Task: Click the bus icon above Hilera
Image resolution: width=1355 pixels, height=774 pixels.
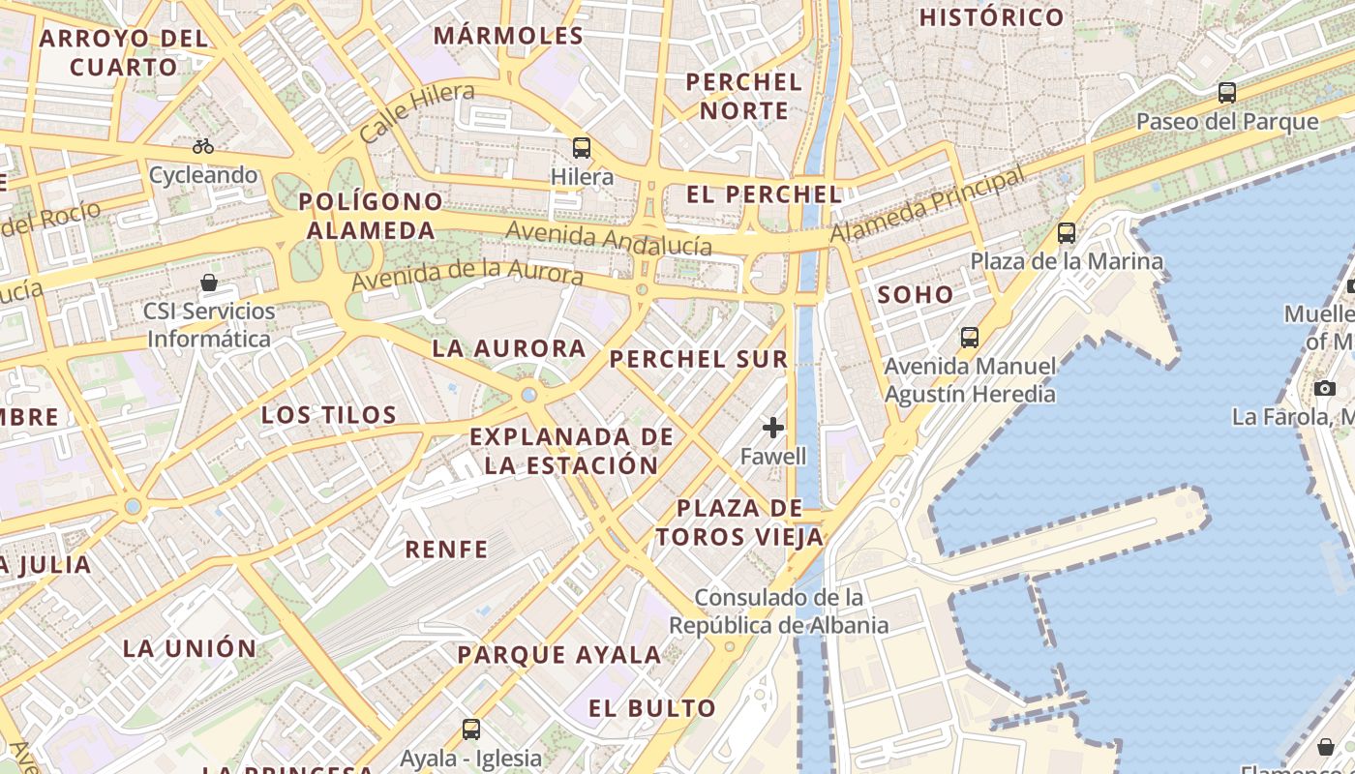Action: point(582,148)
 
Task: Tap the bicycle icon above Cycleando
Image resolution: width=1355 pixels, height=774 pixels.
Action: point(203,146)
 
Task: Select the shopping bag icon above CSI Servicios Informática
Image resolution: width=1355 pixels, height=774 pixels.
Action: point(209,283)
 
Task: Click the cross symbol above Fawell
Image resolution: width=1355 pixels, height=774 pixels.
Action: point(773,427)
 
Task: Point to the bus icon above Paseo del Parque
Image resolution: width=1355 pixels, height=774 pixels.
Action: point(1227,93)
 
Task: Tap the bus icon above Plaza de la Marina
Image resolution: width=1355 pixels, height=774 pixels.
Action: point(1067,233)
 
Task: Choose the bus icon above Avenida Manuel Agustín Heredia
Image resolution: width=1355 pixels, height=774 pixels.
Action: point(970,338)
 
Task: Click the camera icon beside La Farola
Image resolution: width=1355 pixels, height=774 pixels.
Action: point(1325,388)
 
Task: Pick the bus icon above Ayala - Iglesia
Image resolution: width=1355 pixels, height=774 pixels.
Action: point(471,729)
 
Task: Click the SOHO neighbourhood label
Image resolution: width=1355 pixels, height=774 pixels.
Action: point(916,295)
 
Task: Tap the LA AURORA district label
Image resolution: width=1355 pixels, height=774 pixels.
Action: point(509,348)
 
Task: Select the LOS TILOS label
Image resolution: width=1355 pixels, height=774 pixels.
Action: point(329,416)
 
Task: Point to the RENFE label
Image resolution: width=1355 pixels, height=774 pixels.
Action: point(446,550)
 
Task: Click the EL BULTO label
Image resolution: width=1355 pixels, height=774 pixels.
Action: point(652,708)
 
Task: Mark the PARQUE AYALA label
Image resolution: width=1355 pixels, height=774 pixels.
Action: point(559,655)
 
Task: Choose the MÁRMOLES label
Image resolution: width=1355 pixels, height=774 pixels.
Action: point(509,37)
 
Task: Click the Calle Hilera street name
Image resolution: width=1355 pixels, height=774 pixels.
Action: point(417,113)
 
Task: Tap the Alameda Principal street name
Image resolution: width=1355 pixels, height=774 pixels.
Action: point(927,205)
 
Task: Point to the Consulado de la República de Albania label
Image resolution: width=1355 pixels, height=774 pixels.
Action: point(779,611)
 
